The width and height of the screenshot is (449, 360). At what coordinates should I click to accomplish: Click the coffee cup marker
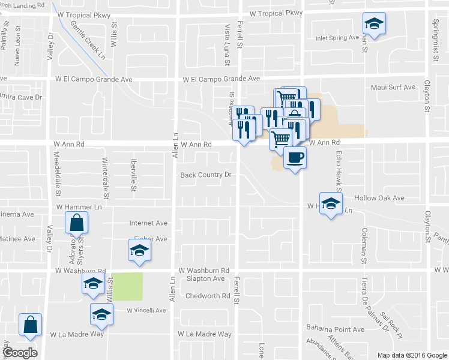(x=294, y=158)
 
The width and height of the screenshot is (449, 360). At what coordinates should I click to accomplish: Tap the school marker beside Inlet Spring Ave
(x=374, y=24)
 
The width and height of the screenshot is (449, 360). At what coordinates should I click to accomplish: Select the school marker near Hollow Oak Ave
(x=330, y=204)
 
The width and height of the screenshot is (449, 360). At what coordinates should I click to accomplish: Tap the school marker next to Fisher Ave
(x=139, y=250)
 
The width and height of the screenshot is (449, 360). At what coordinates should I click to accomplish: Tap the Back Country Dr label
(x=206, y=175)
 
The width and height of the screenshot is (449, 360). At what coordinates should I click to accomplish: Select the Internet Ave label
(x=148, y=223)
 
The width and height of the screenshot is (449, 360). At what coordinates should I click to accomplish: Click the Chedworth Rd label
(x=208, y=296)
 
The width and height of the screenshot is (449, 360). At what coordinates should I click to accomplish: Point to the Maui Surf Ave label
(x=393, y=87)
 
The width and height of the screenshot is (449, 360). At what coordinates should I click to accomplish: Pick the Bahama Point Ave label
(x=335, y=329)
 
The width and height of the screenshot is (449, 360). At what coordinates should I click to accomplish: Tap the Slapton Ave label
(x=205, y=278)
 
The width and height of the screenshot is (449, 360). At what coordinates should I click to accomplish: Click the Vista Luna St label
(x=227, y=37)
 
